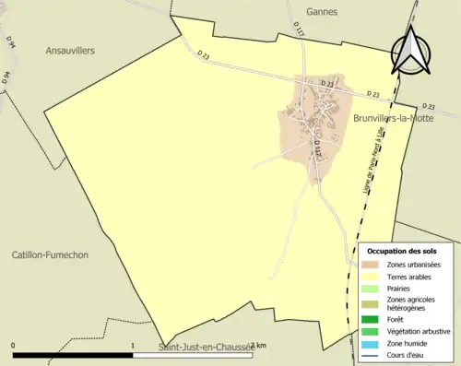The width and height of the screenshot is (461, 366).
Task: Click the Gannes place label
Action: pos(324,12)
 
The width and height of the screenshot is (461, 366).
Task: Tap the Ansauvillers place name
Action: pos(70,52)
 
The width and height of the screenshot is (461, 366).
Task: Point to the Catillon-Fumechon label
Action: pos(50,254)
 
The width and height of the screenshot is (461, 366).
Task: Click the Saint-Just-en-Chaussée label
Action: pos(204,348)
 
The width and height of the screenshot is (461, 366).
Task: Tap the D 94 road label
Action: pos(10,42)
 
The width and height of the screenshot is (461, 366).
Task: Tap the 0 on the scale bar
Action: pos(13,346)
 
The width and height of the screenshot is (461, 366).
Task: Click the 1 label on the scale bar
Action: pos(133,346)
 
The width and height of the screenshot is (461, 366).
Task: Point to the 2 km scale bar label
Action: pos(259,346)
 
